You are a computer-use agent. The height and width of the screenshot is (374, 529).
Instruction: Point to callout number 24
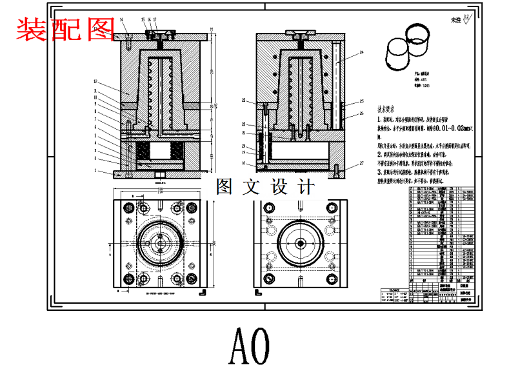[x=361, y=52]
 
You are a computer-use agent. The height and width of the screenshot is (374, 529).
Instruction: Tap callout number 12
[x=95, y=82]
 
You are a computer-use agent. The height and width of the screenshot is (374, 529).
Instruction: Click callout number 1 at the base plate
[x=95, y=171]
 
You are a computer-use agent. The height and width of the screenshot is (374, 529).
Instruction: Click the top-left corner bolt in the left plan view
[x=126, y=208]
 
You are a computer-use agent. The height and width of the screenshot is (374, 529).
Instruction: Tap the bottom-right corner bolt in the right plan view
[x=332, y=278]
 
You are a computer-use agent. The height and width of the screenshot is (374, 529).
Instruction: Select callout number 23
[x=244, y=100]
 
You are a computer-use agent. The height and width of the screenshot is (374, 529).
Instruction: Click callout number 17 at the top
[x=155, y=20]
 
